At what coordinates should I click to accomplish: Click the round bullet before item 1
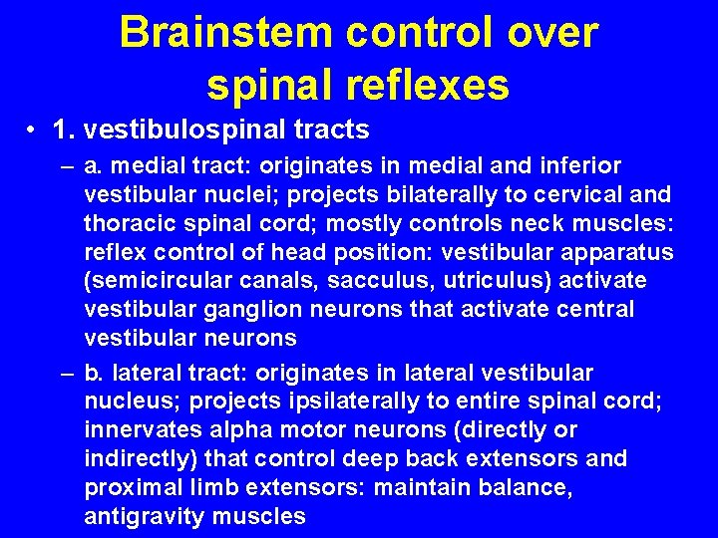click(34, 131)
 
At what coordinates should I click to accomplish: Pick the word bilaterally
click(379, 194)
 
